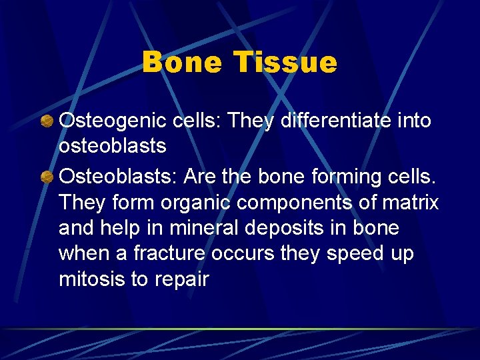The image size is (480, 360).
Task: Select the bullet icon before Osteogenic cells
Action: pyautogui.click(x=47, y=121)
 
